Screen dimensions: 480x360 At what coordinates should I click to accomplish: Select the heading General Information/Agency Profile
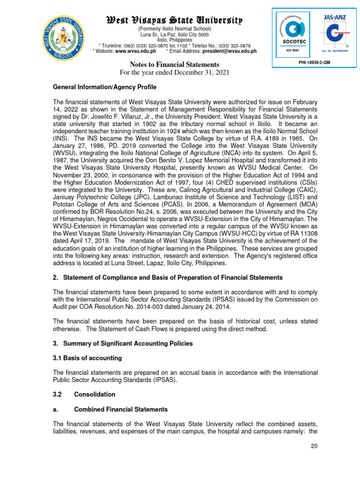click(x=105, y=87)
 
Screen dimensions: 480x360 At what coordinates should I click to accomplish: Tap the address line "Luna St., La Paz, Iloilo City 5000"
click(x=174, y=35)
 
